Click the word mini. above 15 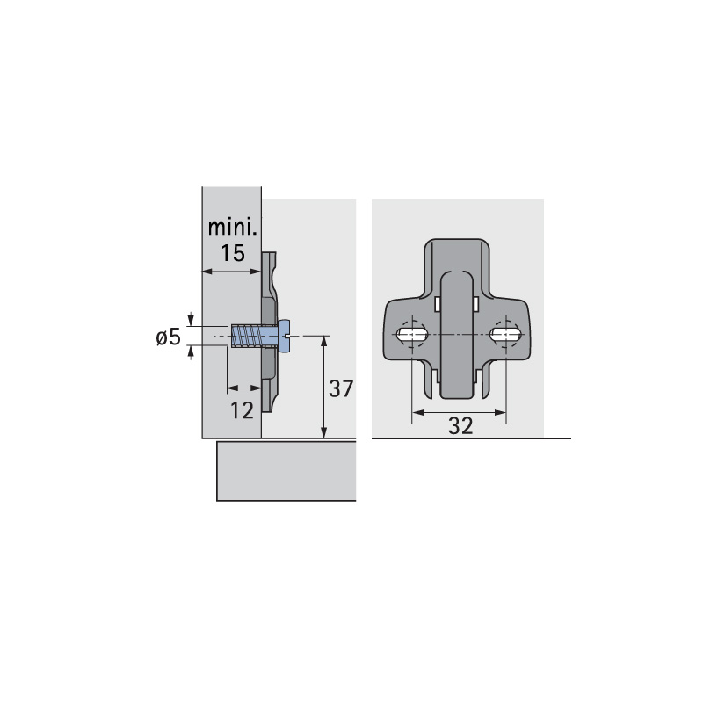pos(233,228)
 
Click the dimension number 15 pos(233,253)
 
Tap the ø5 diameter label pos(168,337)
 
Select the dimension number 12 pos(242,410)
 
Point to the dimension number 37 pos(341,388)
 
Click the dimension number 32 pos(460,426)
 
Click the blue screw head pos(284,336)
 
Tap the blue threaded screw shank pos(254,336)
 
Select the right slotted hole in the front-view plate pos(506,334)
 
